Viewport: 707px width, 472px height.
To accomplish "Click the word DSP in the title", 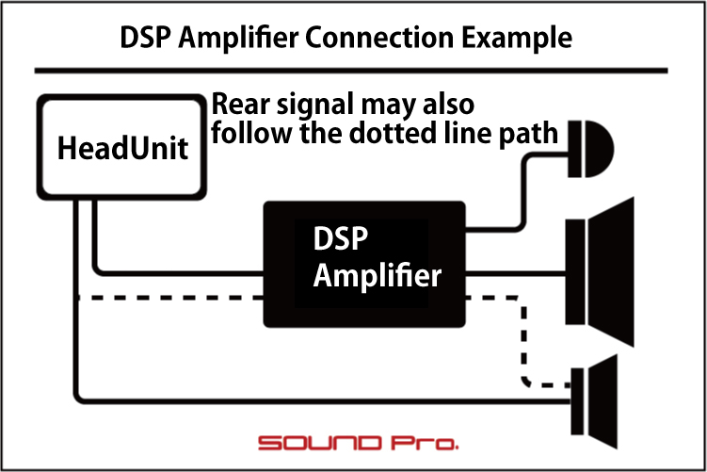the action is (x=146, y=37).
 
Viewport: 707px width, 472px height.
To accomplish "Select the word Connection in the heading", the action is (x=379, y=37).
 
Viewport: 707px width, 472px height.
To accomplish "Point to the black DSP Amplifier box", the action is (x=364, y=264).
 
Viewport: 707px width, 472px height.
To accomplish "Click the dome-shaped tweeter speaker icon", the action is (x=590, y=149).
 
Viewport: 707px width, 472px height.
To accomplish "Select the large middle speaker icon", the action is (x=600, y=272).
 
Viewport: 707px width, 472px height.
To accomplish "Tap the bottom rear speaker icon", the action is (x=594, y=401).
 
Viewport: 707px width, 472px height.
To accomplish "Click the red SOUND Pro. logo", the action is (x=359, y=443).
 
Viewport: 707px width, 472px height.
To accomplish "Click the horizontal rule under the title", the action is (x=351, y=71).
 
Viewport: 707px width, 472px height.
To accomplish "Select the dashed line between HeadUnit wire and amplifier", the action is (x=171, y=298).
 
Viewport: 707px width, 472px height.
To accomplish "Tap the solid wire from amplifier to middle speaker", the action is (x=515, y=273).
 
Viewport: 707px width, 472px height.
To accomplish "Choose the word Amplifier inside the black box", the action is (x=377, y=275).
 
